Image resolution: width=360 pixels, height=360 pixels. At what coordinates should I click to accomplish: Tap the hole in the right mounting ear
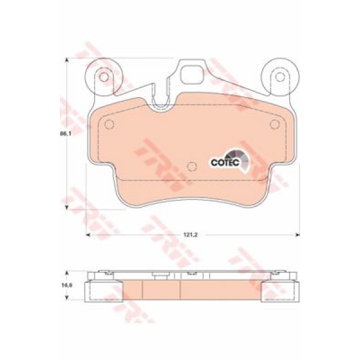click(x=280, y=77)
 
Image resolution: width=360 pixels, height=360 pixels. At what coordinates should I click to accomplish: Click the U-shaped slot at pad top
click(x=161, y=103)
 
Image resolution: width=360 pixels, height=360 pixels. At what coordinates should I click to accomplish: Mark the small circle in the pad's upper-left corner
click(x=109, y=125)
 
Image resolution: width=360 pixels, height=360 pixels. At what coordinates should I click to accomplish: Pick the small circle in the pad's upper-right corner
click(x=275, y=125)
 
